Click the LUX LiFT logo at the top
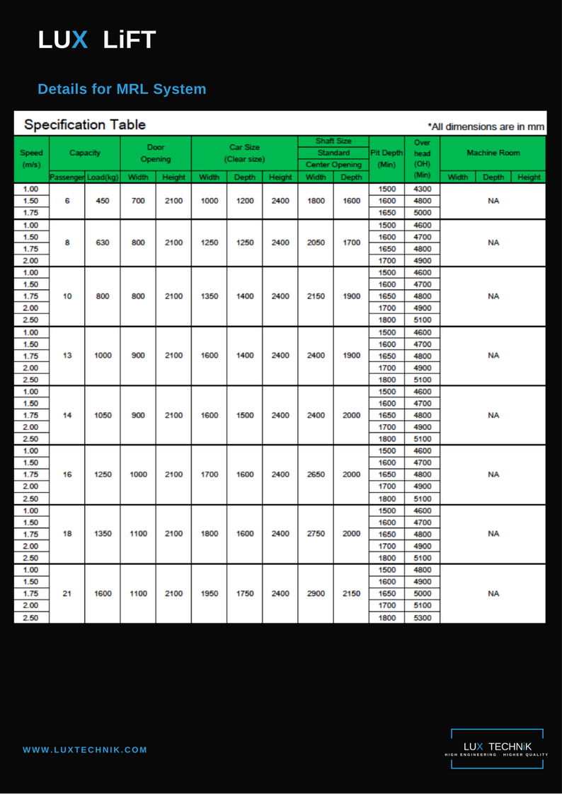97,40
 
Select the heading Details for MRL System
122,89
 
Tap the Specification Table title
85,124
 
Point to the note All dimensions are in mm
486,127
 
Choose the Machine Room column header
493,153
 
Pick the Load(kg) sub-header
103,177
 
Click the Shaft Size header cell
333,141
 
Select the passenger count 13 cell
67,356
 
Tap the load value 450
103,201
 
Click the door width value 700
138,201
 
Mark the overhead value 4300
422,189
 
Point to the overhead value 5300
422,617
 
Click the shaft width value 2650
316,474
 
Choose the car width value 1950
209,594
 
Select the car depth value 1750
245,594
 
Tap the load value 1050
103,415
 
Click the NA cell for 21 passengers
493,594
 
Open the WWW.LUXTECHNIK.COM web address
85,749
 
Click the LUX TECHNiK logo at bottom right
496,748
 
